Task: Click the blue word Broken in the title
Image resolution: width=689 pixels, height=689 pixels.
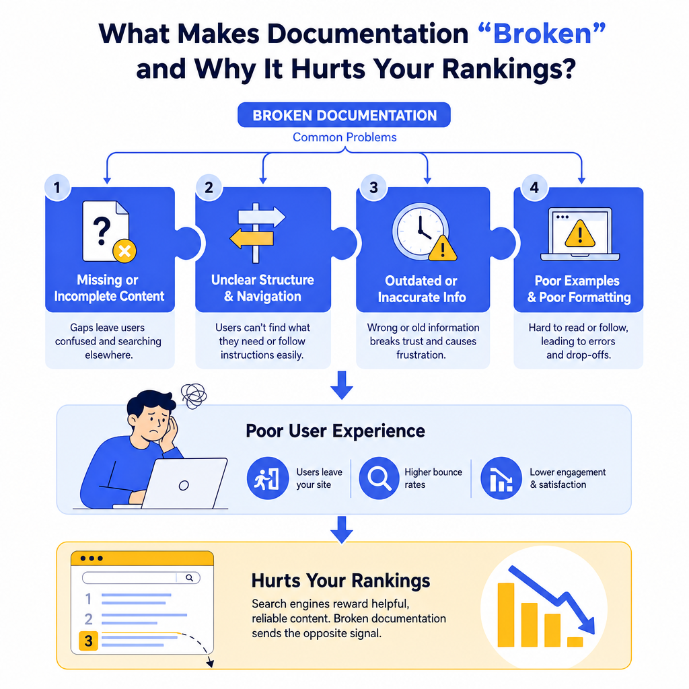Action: pos(542,34)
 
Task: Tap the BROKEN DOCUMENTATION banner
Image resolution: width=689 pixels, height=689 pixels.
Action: pos(344,115)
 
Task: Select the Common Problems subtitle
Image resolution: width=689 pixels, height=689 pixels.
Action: pos(344,137)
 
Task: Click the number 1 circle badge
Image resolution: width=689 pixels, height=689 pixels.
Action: pos(57,188)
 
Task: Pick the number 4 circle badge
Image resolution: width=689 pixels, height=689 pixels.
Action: pos(534,188)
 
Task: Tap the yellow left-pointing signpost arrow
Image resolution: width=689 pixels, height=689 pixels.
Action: pos(252,239)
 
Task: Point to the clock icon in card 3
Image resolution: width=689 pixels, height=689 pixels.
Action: pos(421,231)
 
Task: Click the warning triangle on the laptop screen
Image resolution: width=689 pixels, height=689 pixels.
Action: pos(579,233)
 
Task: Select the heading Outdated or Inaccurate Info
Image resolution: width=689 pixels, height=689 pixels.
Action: pos(422,289)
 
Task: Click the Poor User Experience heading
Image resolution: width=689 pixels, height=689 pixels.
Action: pos(335,431)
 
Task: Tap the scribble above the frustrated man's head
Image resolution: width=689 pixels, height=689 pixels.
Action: pos(194,396)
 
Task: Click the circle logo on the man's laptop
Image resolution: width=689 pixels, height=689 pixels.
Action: pos(184,485)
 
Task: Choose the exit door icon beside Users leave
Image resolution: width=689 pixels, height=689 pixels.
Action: pos(268,478)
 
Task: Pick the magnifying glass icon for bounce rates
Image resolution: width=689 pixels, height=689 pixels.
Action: pos(379,478)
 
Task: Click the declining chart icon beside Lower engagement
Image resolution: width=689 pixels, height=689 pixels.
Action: pos(501,478)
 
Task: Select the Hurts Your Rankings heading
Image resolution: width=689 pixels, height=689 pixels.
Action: pos(340,581)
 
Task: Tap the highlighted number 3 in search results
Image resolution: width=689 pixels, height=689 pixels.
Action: pos(88,641)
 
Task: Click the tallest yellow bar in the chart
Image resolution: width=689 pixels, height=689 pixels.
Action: pos(506,615)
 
